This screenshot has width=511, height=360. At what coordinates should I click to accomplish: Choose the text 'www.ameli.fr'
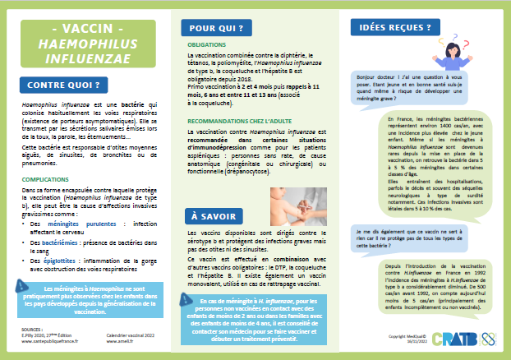click(x=124, y=341)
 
